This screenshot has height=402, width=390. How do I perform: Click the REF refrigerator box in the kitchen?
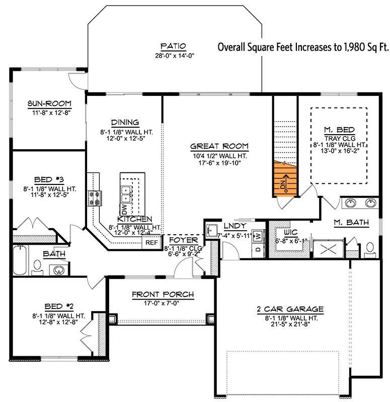tap(151, 242)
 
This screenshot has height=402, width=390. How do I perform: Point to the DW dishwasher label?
tap(124, 209)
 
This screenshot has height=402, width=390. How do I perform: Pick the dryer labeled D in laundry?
tap(258, 248)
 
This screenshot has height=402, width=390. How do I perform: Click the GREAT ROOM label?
tap(219, 147)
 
